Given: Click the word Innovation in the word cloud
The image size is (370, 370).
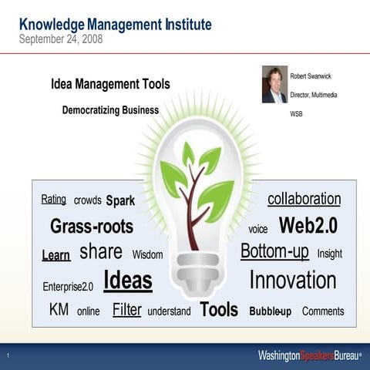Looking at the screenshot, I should [x=292, y=281].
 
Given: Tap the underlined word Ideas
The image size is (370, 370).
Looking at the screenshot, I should [x=127, y=281].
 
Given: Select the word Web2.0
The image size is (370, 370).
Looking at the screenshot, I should [x=308, y=226].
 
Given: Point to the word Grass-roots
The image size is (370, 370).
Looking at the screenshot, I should [x=92, y=227].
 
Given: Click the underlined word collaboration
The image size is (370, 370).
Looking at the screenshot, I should [x=304, y=199].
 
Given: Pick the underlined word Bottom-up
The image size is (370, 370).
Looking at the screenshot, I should [x=274, y=251].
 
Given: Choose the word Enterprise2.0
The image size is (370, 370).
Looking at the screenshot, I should [x=68, y=287].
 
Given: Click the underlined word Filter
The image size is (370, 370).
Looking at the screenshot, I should [x=126, y=310].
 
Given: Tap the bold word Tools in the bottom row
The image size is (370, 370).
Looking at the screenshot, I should [x=219, y=310].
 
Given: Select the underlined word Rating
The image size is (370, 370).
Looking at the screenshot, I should [x=53, y=200].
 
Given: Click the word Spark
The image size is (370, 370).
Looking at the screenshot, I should [x=120, y=201].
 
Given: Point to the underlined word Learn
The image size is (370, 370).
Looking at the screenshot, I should [x=55, y=255].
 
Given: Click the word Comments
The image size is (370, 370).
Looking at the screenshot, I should [x=323, y=311].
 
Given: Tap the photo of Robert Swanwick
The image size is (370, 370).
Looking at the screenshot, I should [x=274, y=85].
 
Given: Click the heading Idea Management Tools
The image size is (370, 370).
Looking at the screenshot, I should [x=110, y=84].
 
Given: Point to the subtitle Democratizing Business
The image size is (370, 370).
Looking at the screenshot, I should [x=110, y=110].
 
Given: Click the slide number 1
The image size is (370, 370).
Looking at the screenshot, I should [x=7, y=356].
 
